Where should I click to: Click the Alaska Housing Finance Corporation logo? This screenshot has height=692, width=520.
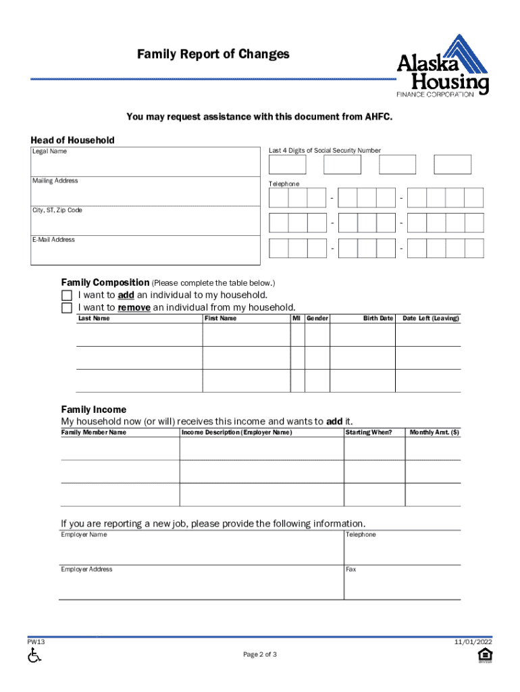(x=442, y=66)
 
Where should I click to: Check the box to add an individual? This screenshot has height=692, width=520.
(x=66, y=296)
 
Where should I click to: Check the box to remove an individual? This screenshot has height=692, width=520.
(x=66, y=308)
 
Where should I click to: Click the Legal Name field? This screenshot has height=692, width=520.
(x=145, y=161)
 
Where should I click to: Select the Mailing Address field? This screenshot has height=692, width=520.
(x=145, y=191)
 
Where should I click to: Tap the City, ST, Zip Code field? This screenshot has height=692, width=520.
(x=145, y=221)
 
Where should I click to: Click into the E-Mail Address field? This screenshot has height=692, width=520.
(x=145, y=251)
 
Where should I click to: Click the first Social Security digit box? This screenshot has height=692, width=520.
(x=287, y=165)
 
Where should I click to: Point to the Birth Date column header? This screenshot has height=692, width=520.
(x=378, y=318)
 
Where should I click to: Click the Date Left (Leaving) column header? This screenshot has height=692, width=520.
(x=430, y=318)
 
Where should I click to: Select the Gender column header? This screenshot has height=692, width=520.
(x=317, y=318)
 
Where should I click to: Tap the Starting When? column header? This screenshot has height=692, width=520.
(x=368, y=432)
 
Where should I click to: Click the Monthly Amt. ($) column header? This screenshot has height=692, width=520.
(x=434, y=432)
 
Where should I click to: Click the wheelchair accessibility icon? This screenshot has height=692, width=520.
(x=34, y=655)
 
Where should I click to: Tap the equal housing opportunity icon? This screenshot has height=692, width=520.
(x=484, y=655)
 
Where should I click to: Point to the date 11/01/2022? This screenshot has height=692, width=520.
(x=473, y=642)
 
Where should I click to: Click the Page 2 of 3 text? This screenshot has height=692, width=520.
(x=260, y=655)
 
